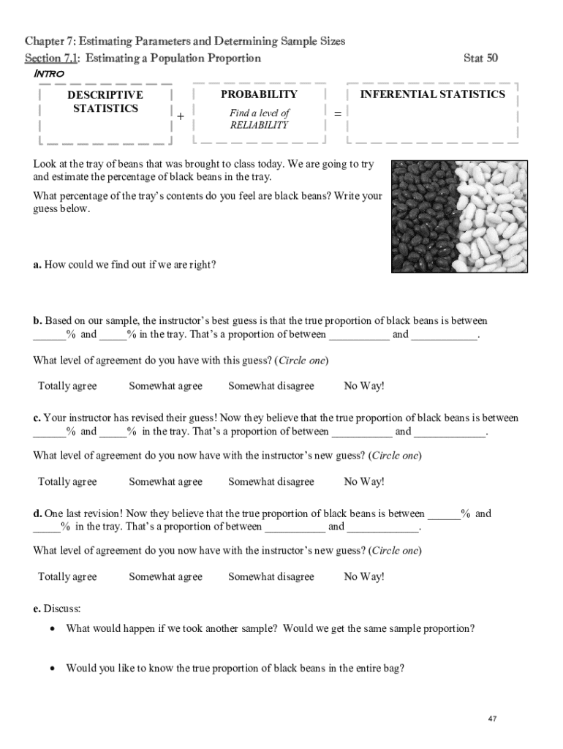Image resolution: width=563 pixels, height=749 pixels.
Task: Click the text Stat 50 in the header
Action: click(x=480, y=58)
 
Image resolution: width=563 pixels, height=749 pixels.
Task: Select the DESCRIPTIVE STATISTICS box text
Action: click(x=105, y=102)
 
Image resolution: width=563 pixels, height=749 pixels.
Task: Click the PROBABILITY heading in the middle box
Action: click(x=259, y=94)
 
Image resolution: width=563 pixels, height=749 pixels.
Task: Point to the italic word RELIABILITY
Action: click(x=259, y=125)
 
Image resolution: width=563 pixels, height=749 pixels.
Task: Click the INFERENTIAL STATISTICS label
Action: click(x=432, y=94)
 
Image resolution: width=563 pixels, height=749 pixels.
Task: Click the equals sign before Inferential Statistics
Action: click(x=337, y=113)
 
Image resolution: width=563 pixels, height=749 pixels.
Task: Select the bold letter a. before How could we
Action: click(x=37, y=264)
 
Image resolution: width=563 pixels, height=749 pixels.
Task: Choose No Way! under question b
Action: click(x=363, y=386)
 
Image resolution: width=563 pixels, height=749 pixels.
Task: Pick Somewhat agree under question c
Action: click(x=165, y=481)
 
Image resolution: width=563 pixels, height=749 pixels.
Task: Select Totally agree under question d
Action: click(x=67, y=576)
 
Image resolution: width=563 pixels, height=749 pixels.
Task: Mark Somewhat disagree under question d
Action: click(x=271, y=576)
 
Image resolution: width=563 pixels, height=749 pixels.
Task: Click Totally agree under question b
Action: click(x=67, y=386)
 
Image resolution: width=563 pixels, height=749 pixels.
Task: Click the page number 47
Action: click(x=492, y=719)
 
